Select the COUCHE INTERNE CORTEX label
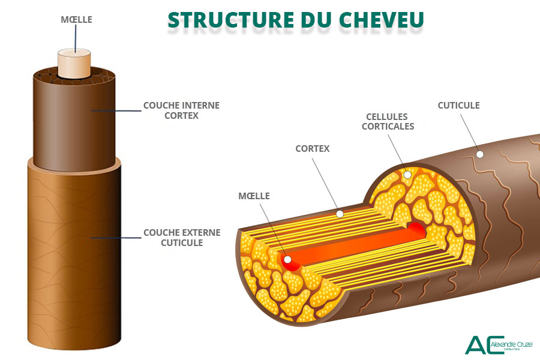(x=181, y=110)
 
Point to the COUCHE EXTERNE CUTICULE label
(x=182, y=237)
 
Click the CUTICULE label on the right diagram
(x=458, y=105)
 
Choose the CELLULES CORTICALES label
(x=388, y=121)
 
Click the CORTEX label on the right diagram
(x=312, y=148)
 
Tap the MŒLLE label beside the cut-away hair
(x=254, y=196)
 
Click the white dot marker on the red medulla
(x=287, y=260)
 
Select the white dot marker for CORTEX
(x=340, y=214)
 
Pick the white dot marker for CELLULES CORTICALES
(x=407, y=175)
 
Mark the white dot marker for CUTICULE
(x=479, y=154)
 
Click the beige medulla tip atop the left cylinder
(x=74, y=63)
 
